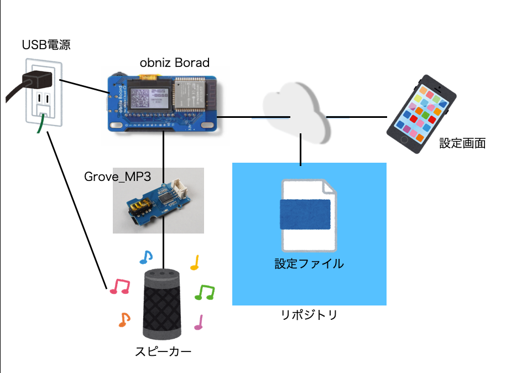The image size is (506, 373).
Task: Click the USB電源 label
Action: [46, 45]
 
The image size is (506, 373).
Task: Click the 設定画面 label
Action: [462, 143]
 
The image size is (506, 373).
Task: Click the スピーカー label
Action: [163, 351]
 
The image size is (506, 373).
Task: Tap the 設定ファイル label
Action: [309, 264]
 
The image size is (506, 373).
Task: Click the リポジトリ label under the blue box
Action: [309, 315]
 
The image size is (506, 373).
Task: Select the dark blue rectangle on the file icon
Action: [305, 214]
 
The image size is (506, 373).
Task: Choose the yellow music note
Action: [194, 263]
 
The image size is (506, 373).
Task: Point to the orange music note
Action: [125, 319]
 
